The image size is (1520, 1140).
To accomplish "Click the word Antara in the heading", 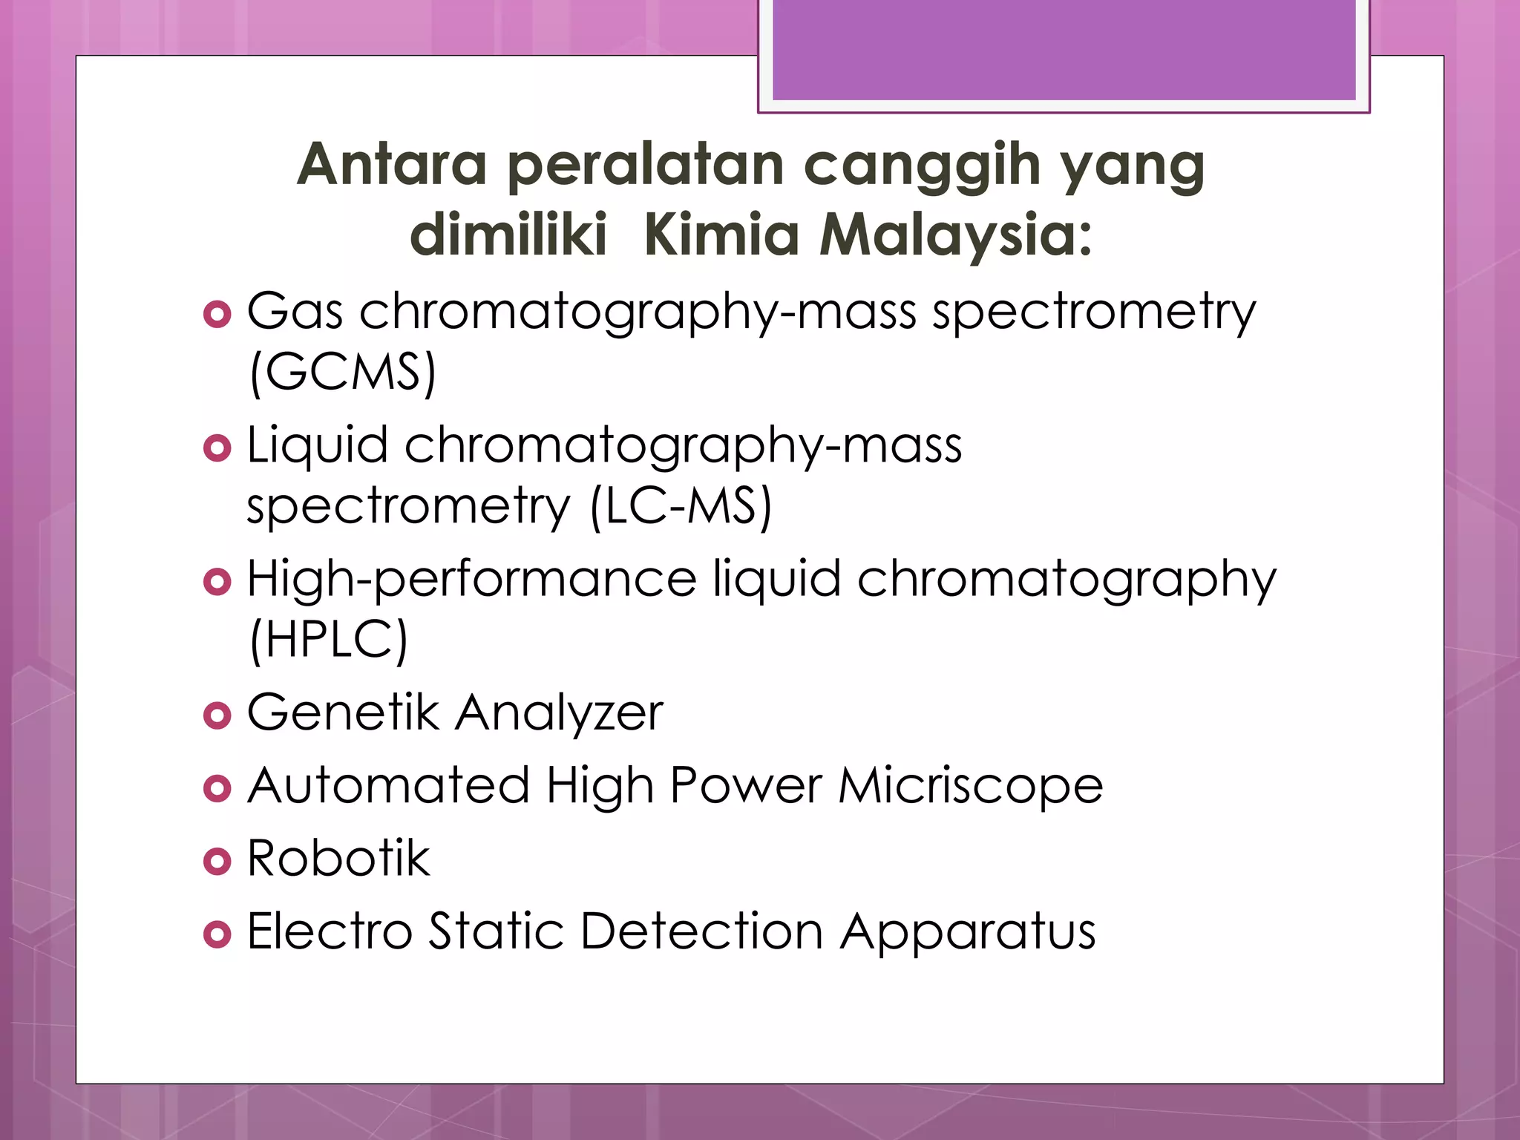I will [x=391, y=164].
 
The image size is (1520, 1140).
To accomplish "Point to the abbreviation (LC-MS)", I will [x=681, y=507].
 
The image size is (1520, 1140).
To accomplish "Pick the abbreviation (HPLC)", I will [x=329, y=640].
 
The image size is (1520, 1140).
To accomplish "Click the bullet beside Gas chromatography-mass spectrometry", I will [x=217, y=315].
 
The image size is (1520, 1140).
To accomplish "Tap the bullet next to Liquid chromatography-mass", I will [x=217, y=448].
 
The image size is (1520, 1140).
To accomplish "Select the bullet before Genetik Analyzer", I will [x=217, y=715].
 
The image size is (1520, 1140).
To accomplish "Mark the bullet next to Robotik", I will [x=217, y=861].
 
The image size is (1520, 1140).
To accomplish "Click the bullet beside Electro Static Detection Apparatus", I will [x=217, y=934].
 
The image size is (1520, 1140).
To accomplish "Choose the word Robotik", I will [x=338, y=858].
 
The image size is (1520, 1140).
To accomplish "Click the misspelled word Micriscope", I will [x=971, y=785].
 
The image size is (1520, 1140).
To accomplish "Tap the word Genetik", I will [x=343, y=712].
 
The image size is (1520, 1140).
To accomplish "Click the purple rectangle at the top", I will [x=1064, y=50].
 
